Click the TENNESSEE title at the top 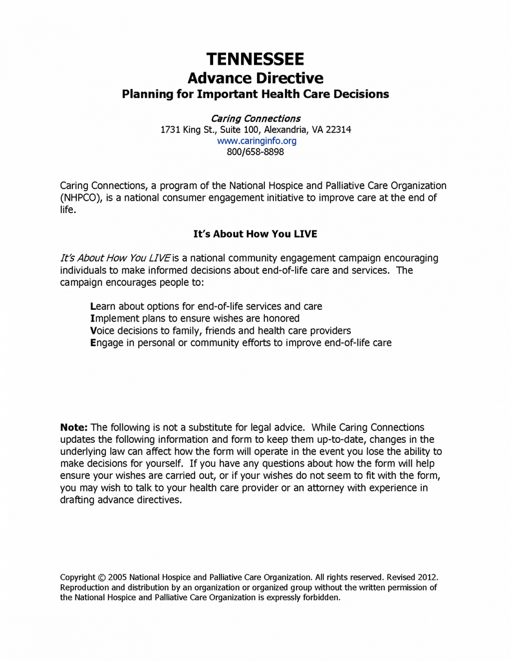pos(255,60)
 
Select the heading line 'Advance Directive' pos(255,78)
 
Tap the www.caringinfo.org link pos(256,141)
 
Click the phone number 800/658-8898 pos(255,152)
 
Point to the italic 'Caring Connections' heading pos(256,119)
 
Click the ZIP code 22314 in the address pos(338,130)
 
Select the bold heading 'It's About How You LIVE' pos(255,234)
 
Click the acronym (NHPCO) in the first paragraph pos(80,198)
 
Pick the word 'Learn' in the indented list pos(103,306)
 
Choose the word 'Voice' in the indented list pos(103,330)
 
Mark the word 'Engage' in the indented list pos(107,343)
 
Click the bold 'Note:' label pos(74,427)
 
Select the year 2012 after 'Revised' pos(426,576)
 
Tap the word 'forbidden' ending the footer pos(320,598)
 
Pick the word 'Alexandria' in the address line pos(284,130)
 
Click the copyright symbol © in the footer pos(101,576)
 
